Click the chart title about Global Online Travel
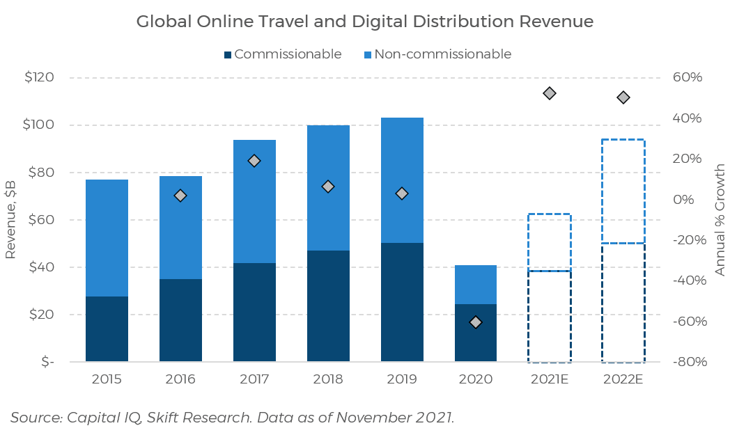(364, 22)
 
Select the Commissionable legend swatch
(228, 54)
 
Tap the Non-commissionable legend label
(442, 54)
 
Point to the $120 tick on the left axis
(39, 77)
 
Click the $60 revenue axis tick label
(39, 220)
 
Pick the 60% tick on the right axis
(688, 77)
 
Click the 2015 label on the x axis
(107, 379)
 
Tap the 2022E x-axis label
(623, 379)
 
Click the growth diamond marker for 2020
(476, 322)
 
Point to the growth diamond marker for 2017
(254, 161)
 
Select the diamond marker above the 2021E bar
(550, 93)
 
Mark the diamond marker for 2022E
(623, 97)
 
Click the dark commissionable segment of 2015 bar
(107, 329)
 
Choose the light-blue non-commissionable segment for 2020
(476, 285)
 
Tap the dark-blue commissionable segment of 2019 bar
(402, 303)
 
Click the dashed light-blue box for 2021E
(550, 242)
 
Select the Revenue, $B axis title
(11, 220)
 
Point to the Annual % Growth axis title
(720, 220)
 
